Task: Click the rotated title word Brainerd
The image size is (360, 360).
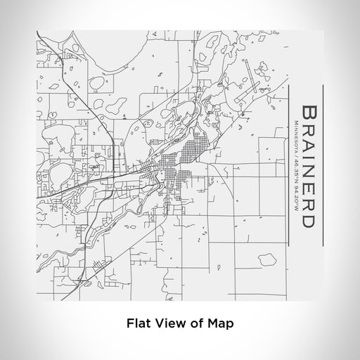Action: coord(308,165)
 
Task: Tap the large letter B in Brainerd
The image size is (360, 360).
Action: coord(308,112)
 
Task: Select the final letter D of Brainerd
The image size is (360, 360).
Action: coord(308,219)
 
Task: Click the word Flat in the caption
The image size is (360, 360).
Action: coord(137,323)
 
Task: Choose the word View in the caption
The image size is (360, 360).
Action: coord(168,323)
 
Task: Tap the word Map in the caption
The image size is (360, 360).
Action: coord(219,323)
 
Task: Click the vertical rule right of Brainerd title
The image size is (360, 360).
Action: coord(322,165)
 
